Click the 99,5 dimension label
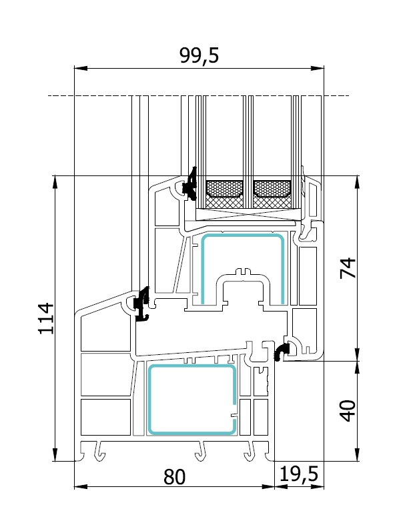coord(199,56)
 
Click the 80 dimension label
coord(173,477)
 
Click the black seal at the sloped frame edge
coord(141,304)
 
